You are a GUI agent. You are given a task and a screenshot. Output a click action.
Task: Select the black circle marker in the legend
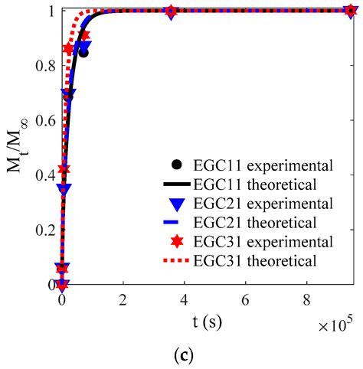[177, 164]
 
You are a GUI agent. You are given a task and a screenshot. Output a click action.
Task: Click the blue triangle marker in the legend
[177, 204]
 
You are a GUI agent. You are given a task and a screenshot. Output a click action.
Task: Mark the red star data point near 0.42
[64, 168]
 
